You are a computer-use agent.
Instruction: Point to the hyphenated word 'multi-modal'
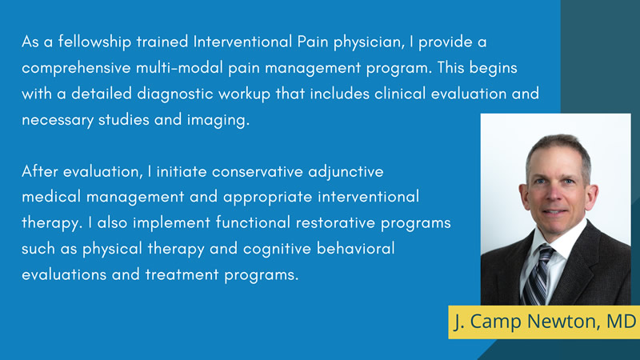point(190,68)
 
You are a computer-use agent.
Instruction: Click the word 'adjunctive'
point(346,171)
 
